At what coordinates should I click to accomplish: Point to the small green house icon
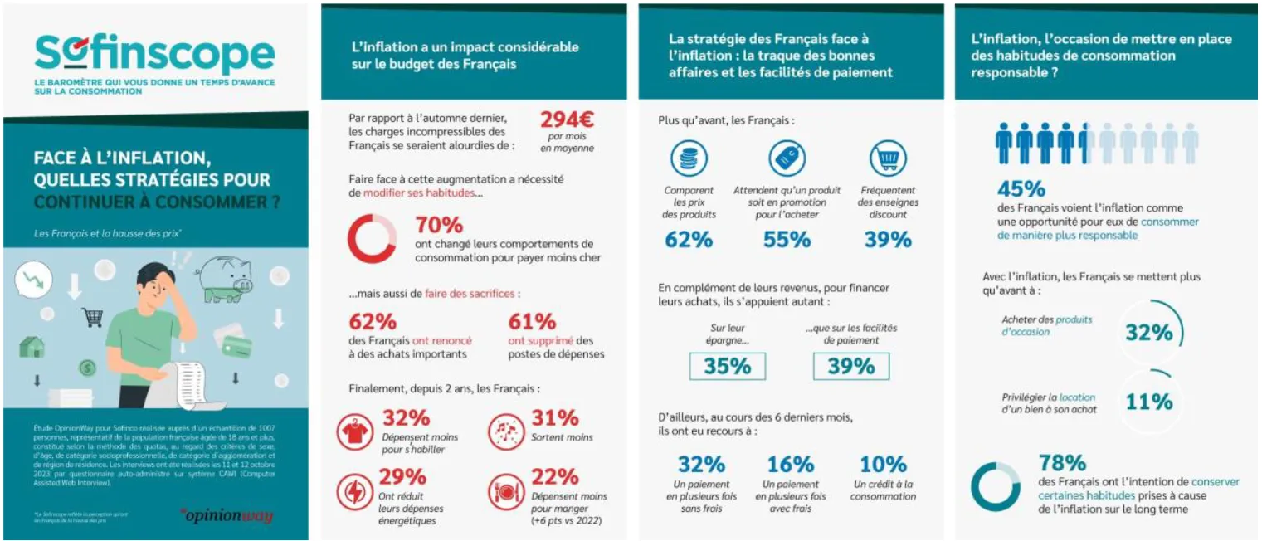[x=32, y=345]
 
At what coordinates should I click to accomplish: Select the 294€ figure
[x=567, y=120]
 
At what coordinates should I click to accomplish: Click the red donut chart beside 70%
[x=371, y=239]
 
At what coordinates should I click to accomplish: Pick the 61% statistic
[x=532, y=321]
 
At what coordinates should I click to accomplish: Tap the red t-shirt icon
[x=355, y=431]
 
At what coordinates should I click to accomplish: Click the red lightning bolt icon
[x=355, y=490]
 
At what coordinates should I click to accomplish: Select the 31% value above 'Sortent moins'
[x=554, y=417]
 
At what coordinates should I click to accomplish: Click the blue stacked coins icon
[x=689, y=158]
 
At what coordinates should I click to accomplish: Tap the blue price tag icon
[x=787, y=158]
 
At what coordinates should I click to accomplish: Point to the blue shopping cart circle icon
[x=887, y=158]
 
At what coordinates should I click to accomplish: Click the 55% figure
[x=787, y=240]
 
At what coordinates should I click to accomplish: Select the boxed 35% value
[x=727, y=366]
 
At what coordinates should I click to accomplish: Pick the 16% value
[x=790, y=464]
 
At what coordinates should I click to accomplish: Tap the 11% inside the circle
[x=1149, y=402]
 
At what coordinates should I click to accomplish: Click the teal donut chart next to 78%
[x=996, y=486]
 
